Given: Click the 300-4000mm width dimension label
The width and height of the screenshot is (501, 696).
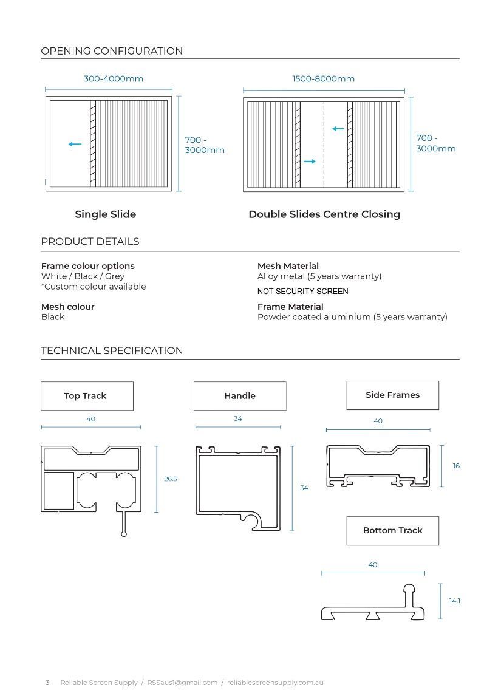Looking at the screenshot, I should click(114, 79).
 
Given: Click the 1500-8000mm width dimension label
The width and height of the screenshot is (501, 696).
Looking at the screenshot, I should click(323, 79).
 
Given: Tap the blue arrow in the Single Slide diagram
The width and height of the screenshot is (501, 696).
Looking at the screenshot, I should click(75, 144).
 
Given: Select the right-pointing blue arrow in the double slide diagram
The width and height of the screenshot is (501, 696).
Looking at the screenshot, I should click(310, 162).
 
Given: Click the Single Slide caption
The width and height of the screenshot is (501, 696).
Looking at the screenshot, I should click(105, 214).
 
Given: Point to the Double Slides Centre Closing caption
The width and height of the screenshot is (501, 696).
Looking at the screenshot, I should click(324, 214).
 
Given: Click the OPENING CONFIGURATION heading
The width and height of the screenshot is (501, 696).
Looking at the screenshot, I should click(112, 51).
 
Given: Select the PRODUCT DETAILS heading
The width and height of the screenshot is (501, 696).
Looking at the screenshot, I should click(90, 242).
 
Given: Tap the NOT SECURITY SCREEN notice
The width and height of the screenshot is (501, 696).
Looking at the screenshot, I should click(302, 292).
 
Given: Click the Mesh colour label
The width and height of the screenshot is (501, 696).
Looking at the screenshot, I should click(68, 307).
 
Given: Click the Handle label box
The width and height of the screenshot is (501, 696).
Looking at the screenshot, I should click(240, 396).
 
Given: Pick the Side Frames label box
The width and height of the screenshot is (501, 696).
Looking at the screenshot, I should click(392, 395).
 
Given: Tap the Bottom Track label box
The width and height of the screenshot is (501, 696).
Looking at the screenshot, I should click(392, 531).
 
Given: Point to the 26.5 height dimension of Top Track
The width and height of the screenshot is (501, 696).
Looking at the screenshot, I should click(171, 479).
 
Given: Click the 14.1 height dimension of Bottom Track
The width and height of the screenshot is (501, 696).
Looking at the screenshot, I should click(454, 601).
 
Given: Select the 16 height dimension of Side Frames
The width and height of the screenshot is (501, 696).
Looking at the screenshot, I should click(456, 466).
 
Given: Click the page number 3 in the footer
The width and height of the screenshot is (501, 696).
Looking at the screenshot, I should click(47, 683).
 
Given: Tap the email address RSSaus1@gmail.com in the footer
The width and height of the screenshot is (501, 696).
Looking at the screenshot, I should click(182, 683).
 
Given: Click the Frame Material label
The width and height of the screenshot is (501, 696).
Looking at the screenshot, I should click(290, 307).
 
